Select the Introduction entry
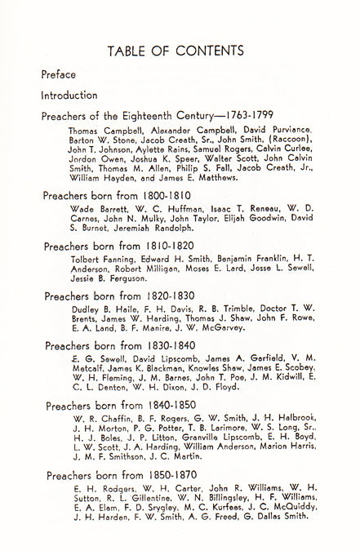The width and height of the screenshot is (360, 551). point(69,96)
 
